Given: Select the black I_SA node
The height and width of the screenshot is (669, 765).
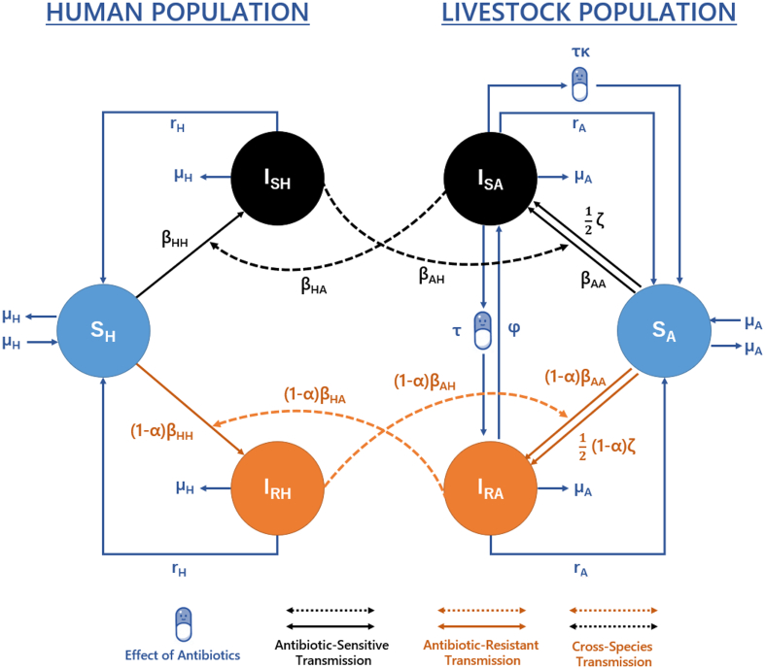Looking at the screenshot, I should (x=491, y=176).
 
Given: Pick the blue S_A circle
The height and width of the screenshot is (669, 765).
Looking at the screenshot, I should (x=665, y=330).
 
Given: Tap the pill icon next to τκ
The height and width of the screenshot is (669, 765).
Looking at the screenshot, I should (x=579, y=84).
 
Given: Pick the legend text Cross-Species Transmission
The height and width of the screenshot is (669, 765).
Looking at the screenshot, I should (x=609, y=652).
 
